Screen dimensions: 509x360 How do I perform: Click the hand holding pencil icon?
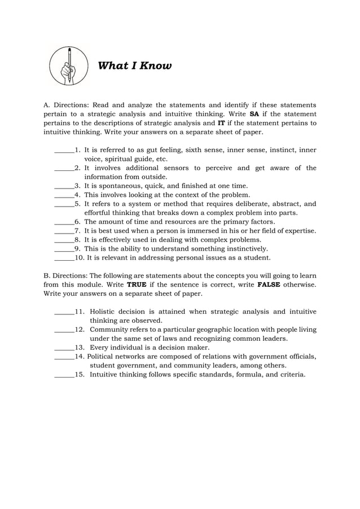(x=69, y=65)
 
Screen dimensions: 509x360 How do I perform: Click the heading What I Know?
(x=135, y=66)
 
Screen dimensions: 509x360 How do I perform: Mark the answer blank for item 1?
(x=64, y=151)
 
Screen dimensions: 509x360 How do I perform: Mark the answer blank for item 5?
(x=64, y=204)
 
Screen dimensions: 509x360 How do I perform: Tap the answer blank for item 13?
(x=64, y=348)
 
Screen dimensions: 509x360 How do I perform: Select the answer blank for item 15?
(x=64, y=375)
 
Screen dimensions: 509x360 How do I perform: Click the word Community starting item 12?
(x=110, y=330)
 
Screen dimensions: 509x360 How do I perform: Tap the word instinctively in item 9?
(x=244, y=249)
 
